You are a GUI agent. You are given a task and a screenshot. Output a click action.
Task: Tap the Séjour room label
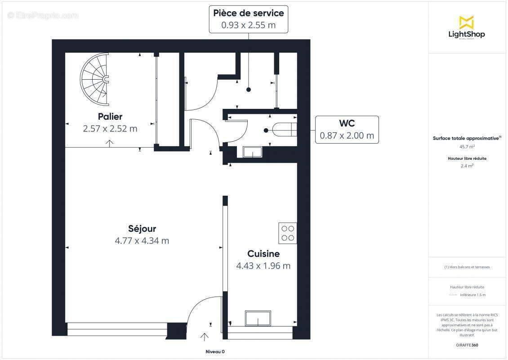tap(142, 229)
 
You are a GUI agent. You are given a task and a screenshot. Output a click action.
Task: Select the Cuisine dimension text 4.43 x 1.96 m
tap(263, 266)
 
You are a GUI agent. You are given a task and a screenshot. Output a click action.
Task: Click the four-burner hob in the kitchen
tap(288, 233)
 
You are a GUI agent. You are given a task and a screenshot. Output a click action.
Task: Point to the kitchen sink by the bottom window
tap(258, 318)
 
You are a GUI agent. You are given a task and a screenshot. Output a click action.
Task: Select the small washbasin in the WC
tap(253, 152)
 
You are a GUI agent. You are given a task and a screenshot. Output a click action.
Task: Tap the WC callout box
tap(347, 130)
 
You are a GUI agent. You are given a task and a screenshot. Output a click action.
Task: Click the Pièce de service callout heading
tap(249, 13)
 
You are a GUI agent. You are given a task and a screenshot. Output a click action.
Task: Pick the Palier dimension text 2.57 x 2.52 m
tap(110, 129)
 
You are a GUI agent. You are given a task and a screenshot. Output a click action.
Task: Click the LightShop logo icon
tap(466, 22)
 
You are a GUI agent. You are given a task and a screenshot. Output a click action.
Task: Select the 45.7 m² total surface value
tap(467, 147)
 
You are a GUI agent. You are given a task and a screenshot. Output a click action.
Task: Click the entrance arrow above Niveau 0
tap(205, 337)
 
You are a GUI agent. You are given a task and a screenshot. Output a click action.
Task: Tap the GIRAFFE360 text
tap(467, 345)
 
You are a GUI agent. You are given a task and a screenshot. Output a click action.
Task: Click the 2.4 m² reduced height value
tap(467, 166)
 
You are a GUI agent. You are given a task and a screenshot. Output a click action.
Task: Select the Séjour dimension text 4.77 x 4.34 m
tap(142, 241)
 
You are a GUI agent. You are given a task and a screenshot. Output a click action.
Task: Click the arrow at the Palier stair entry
tap(109, 143)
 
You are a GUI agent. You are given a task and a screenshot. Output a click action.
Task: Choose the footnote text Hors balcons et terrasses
tap(467, 267)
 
